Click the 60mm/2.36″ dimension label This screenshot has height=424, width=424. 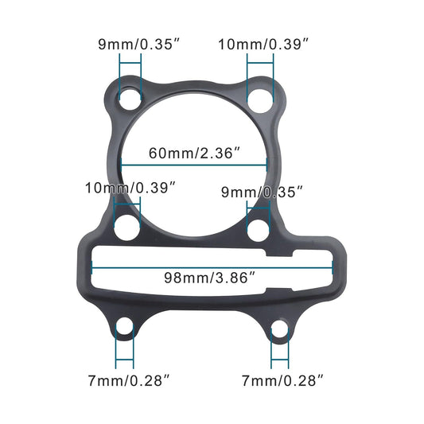point(193,152)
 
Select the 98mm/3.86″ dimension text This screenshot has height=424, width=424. point(209,278)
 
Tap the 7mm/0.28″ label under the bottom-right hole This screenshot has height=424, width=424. point(282,381)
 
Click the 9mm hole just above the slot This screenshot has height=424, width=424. point(259,230)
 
